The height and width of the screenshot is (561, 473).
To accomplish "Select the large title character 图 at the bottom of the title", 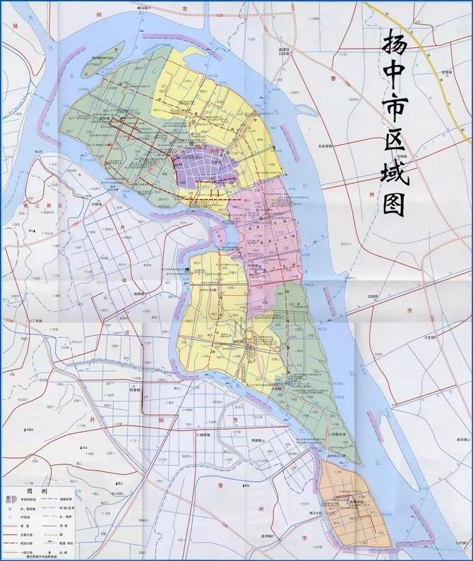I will [395, 203].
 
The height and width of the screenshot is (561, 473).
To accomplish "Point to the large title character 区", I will [393, 126].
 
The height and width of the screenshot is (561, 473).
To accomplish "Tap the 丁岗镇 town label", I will [35, 321].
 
